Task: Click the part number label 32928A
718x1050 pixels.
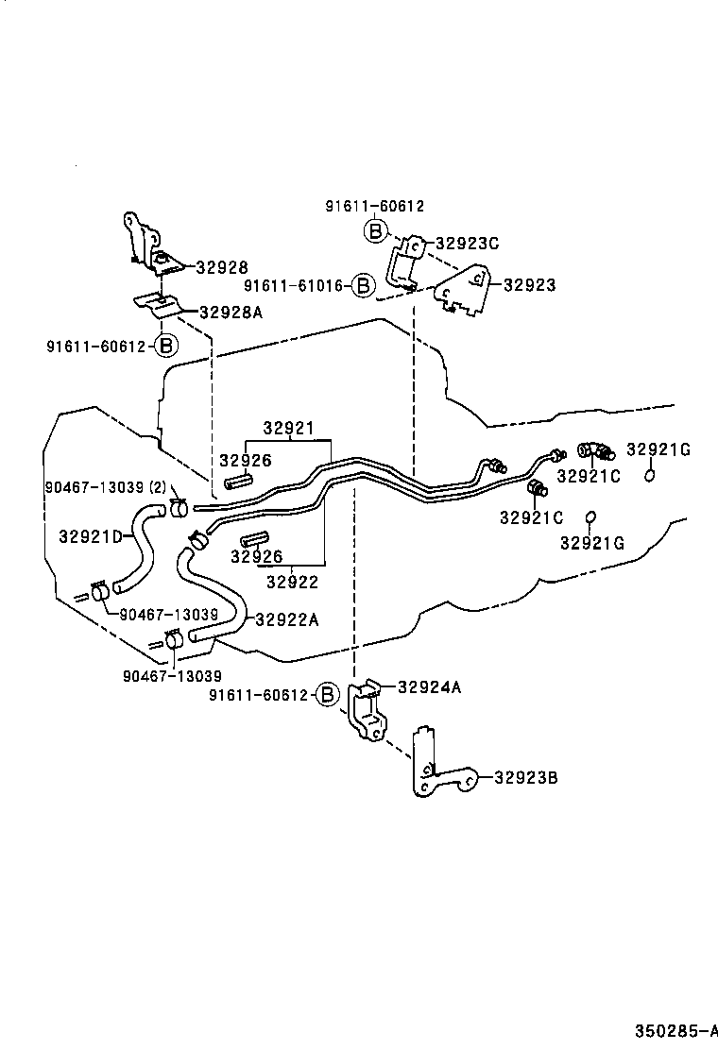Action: (x=231, y=312)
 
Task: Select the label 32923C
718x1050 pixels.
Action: (x=466, y=243)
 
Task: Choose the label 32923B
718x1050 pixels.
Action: (x=525, y=778)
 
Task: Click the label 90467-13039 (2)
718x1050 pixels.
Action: (x=106, y=487)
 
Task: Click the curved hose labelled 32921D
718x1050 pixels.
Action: (x=135, y=548)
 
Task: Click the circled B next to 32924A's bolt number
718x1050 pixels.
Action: (x=326, y=695)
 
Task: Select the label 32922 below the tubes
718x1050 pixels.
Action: (x=292, y=583)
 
